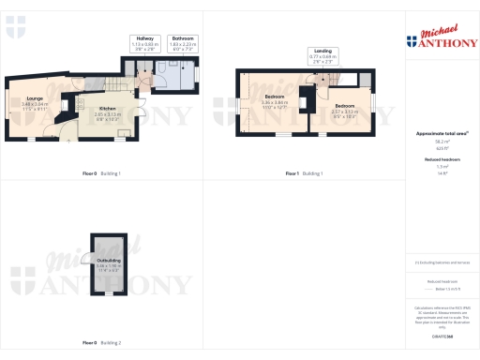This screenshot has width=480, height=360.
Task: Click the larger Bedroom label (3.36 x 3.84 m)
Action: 275,102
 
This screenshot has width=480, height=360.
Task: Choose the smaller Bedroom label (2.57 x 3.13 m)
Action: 345,111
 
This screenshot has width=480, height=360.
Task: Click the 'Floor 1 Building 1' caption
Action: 303,173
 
